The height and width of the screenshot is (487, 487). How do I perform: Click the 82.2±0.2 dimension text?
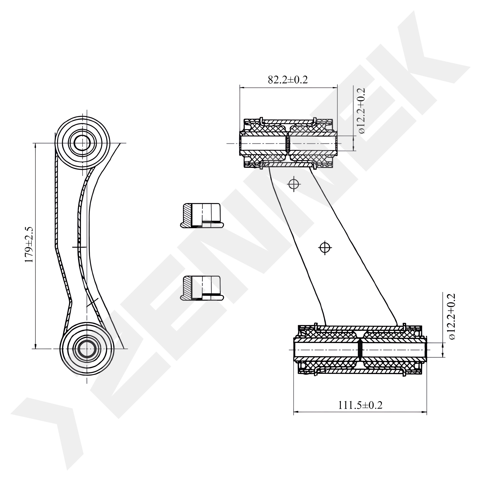point(288,80)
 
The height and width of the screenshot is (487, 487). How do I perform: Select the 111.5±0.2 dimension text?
point(360,405)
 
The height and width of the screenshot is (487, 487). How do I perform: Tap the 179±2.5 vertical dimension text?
point(29,245)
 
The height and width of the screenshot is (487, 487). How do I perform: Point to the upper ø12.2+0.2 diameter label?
point(361,111)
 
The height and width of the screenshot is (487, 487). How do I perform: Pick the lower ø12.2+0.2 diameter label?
point(452,317)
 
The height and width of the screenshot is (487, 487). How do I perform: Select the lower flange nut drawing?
point(202,288)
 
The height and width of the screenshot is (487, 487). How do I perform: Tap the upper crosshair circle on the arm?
point(294,185)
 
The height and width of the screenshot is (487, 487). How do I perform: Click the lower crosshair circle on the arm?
point(325,248)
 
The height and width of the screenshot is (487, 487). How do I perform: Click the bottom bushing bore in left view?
point(87,349)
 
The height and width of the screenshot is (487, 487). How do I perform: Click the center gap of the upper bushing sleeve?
point(288,144)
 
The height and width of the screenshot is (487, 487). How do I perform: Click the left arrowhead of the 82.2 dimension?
point(242,88)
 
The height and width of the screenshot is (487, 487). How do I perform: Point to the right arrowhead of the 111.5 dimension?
point(424,412)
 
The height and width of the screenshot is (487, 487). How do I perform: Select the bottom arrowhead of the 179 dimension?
point(35,346)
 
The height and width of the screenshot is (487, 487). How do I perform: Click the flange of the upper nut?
point(202,225)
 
